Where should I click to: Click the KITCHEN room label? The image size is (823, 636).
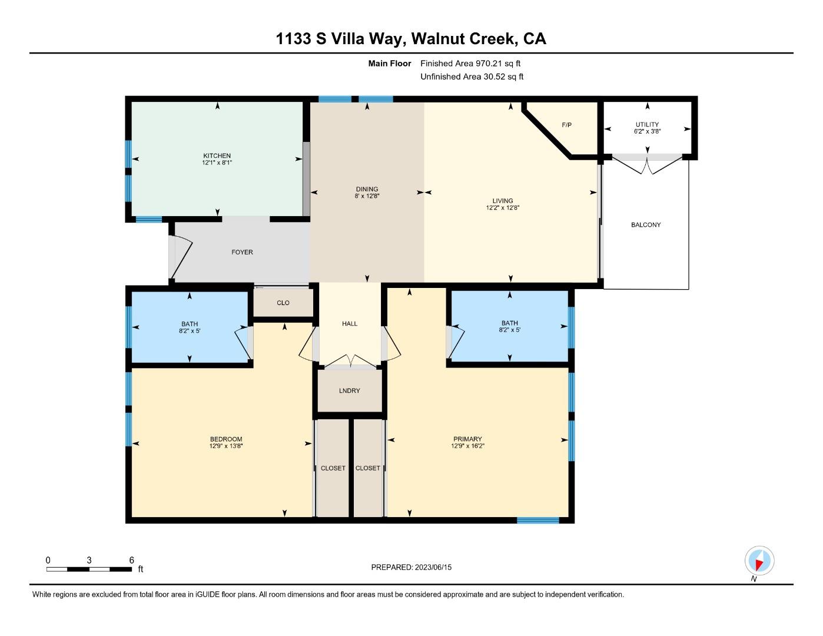coord(217,155)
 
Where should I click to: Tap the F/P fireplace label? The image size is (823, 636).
coord(566,125)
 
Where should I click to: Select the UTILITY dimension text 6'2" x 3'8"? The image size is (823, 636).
coord(647,131)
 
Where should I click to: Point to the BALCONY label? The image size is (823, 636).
coord(646,224)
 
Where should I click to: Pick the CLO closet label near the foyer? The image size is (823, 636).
coord(283,303)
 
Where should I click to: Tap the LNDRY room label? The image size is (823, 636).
coord(349,390)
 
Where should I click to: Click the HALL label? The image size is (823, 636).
coord(350,323)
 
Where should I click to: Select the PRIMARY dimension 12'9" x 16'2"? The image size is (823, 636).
coord(467,446)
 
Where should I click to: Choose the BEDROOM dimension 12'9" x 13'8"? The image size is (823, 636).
coord(225,446)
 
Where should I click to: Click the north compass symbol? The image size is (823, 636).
coord(759,561)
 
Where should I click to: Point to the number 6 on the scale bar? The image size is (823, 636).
coord(131,560)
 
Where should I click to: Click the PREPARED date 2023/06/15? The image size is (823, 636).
coord(433,567)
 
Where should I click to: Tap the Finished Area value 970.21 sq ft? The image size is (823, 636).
coord(498,63)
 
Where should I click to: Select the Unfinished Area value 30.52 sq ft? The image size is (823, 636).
coord(503,77)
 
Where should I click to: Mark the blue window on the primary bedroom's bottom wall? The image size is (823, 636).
coord(538,521)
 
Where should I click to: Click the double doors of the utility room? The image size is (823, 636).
coord(647,164)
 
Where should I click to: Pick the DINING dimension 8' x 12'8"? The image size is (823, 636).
coord(367,196)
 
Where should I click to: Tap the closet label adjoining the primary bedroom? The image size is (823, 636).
coord(367,468)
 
